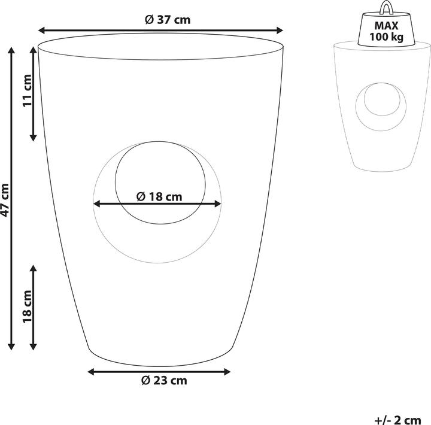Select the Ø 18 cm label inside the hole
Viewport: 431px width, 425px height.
click(x=159, y=196)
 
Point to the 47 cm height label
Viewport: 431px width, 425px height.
click(x=5, y=199)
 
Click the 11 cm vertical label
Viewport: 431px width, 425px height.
click(x=27, y=92)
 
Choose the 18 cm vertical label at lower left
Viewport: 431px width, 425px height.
click(x=27, y=308)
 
